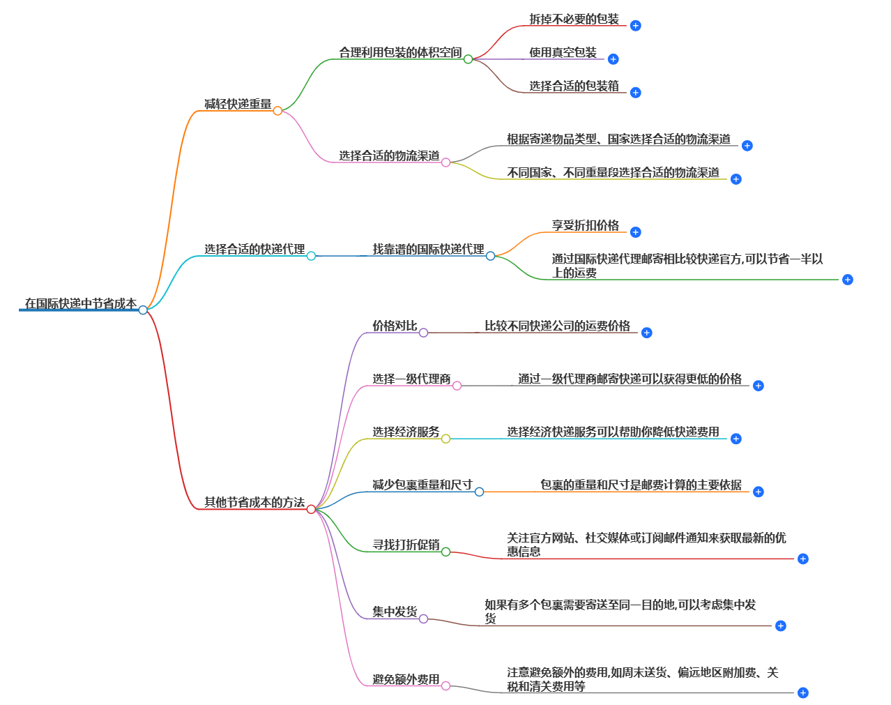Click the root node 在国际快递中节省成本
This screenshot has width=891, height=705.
click(81, 303)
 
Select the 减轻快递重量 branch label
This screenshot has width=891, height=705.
click(238, 104)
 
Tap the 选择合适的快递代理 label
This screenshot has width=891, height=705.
click(254, 249)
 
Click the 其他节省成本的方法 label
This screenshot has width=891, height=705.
click(254, 502)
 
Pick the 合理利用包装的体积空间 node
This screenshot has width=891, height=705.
click(400, 52)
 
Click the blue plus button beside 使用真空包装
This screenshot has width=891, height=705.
click(613, 59)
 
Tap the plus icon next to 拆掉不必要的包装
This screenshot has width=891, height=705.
click(635, 26)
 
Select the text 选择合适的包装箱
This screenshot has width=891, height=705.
click(574, 86)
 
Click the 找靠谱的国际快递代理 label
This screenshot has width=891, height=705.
click(428, 249)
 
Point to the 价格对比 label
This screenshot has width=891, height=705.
click(395, 326)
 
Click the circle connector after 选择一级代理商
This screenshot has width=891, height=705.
click(457, 386)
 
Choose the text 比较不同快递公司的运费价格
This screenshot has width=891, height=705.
click(557, 326)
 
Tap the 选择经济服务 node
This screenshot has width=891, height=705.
click(406, 432)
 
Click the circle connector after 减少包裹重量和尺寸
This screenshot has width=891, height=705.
click(479, 492)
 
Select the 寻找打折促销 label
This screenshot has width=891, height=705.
click(406, 545)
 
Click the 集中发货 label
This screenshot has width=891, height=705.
click(395, 612)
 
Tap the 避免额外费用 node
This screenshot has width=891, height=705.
click(406, 679)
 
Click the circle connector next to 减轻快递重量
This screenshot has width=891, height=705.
click(277, 111)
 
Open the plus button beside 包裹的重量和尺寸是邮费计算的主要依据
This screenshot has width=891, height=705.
click(758, 492)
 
